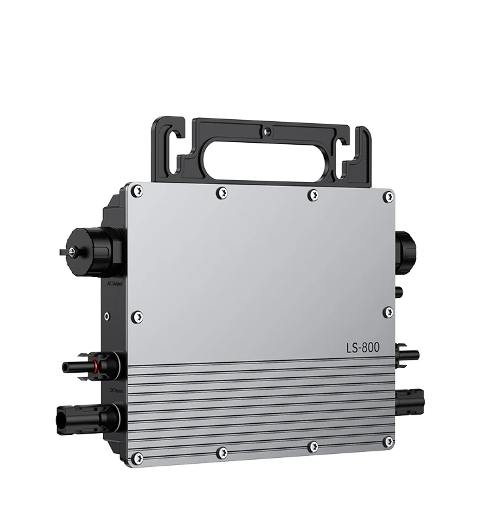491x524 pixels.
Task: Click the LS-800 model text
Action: coord(371,346)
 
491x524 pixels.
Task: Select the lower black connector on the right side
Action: coord(409,398)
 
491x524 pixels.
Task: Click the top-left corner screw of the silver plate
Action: coord(136,191)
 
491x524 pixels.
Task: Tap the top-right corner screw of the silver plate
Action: coord(388,196)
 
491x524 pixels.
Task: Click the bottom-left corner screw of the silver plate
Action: coord(137,457)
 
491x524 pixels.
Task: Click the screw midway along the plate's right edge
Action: coord(388,312)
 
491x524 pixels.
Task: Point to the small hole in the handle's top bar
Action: coord(266,131)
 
